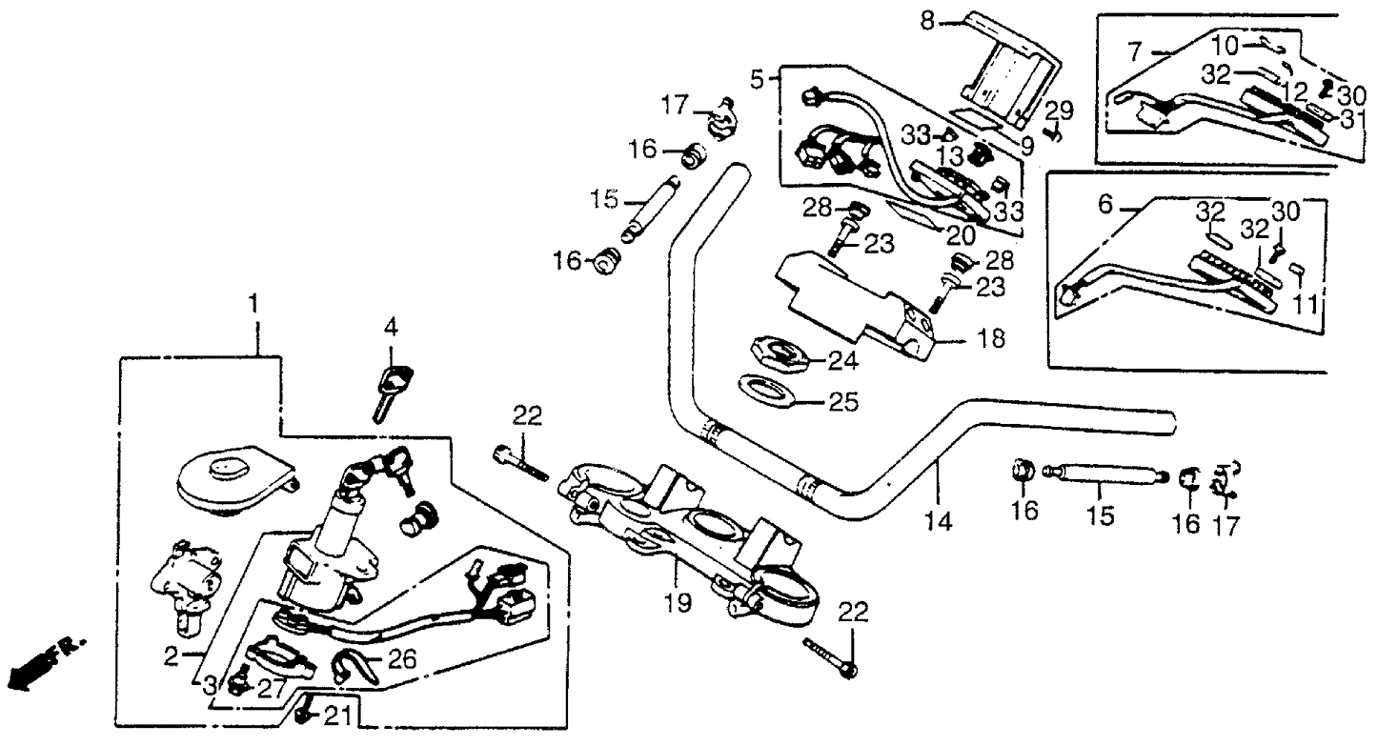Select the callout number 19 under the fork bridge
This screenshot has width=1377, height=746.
(672, 601)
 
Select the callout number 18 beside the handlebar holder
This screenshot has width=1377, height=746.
(992, 339)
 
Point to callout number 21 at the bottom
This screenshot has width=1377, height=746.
(340, 716)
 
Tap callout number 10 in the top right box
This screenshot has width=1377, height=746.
(1227, 43)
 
